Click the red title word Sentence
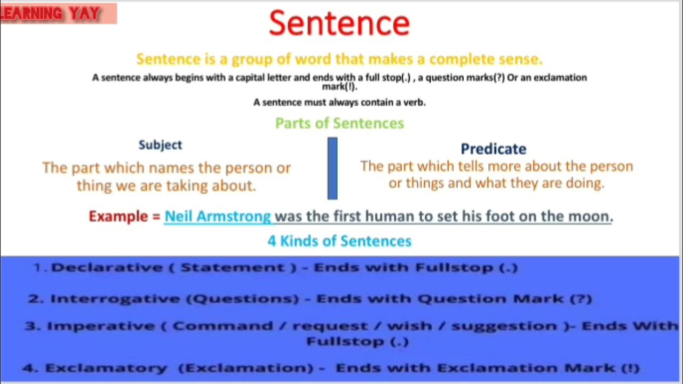[339, 23]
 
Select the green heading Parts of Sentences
[339, 123]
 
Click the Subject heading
[160, 145]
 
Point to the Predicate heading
[493, 149]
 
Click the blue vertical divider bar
[332, 168]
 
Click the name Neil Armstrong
[218, 217]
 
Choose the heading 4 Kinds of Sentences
[339, 241]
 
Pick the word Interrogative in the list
[115, 299]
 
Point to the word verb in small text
[414, 102]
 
